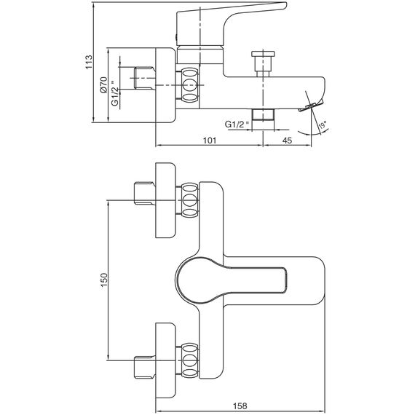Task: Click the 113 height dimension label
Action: pyautogui.click(x=89, y=62)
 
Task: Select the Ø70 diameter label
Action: pyautogui.click(x=103, y=84)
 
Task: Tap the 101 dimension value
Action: pyautogui.click(x=210, y=141)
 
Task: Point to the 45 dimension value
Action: pyautogui.click(x=287, y=141)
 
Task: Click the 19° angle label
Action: pyautogui.click(x=323, y=125)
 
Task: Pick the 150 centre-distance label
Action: pyautogui.click(x=103, y=280)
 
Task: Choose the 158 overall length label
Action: pyautogui.click(x=240, y=406)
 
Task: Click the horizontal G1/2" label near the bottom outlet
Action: pyautogui.click(x=237, y=124)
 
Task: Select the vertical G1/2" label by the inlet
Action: pyautogui.click(x=114, y=93)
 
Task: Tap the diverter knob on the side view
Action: pyautogui.click(x=263, y=64)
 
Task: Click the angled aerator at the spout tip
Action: pyautogui.click(x=311, y=106)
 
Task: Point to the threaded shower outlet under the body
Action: pyautogui.click(x=263, y=115)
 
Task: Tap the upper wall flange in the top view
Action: pyautogui.click(x=165, y=200)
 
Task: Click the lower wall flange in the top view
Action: pyautogui.click(x=165, y=360)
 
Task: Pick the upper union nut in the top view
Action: pyautogui.click(x=190, y=200)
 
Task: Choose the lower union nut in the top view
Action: pyautogui.click(x=190, y=360)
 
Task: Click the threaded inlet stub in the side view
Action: pyautogui.click(x=145, y=78)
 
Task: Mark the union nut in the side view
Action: pyautogui.click(x=190, y=85)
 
